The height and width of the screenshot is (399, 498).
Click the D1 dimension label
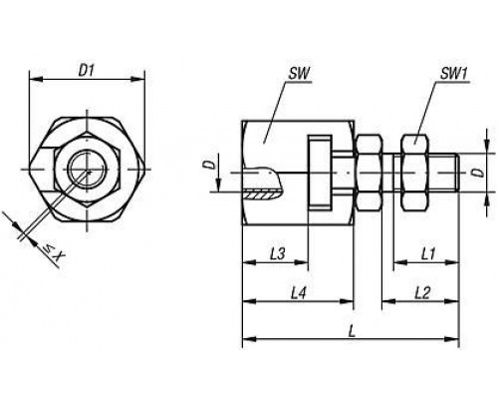(87, 71)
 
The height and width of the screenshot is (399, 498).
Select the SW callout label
(299, 74)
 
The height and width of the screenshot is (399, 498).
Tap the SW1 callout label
(453, 74)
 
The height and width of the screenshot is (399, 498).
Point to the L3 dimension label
(277, 254)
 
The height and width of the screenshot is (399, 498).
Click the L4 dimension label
(298, 293)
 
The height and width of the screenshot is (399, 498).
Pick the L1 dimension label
(428, 254)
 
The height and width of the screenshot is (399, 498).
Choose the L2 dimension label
(422, 293)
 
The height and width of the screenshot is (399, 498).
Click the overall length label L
(352, 331)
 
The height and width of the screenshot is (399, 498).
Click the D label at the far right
(478, 173)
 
